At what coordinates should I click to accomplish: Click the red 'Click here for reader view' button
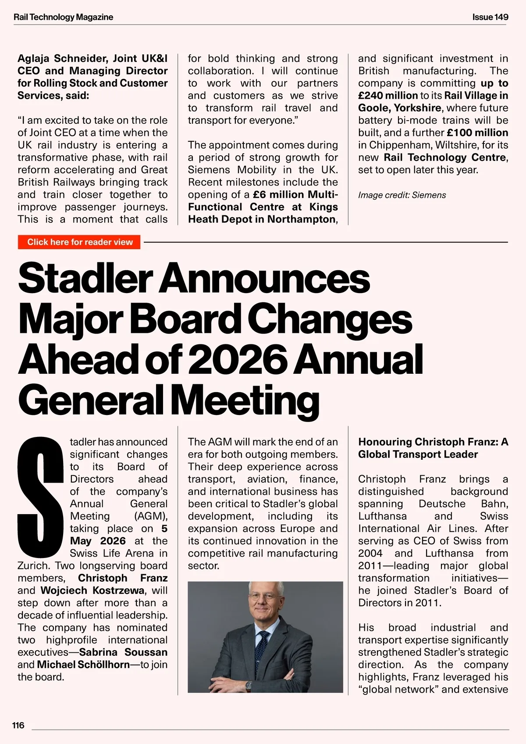pos(79,242)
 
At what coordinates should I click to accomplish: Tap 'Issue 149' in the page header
pos(490,17)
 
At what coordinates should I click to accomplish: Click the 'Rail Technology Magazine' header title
pos(64,17)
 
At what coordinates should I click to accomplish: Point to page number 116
pos(18,725)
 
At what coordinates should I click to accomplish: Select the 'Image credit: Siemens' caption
pos(402,195)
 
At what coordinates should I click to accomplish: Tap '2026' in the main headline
pos(239,359)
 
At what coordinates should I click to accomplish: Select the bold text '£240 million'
pos(388,96)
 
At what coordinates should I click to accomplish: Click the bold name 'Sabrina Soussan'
pos(123,652)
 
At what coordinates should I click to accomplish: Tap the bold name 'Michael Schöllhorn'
pos(83,665)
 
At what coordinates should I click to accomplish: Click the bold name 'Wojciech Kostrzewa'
pos(92,590)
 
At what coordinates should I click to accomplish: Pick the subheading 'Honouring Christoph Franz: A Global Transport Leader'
pos(433,448)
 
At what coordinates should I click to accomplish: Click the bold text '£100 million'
pos(477,132)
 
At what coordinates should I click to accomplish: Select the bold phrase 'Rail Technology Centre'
pos(444,157)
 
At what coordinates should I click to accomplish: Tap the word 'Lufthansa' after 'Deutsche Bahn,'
pos(382,516)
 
